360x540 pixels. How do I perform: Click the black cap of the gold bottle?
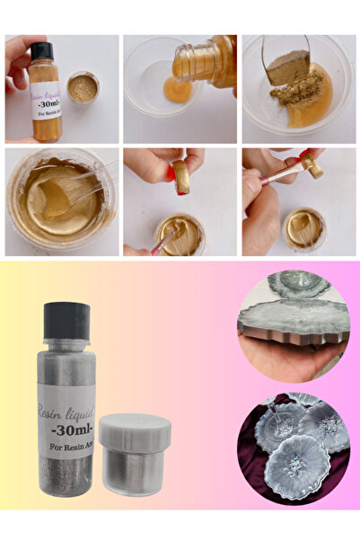pyautogui.click(x=41, y=51)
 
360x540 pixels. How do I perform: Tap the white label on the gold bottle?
pyautogui.click(x=45, y=98)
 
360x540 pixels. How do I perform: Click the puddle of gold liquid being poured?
pyautogui.click(x=177, y=89)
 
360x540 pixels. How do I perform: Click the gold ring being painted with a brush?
pyautogui.click(x=180, y=176)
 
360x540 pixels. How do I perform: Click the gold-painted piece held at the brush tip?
pyautogui.click(x=313, y=165)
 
